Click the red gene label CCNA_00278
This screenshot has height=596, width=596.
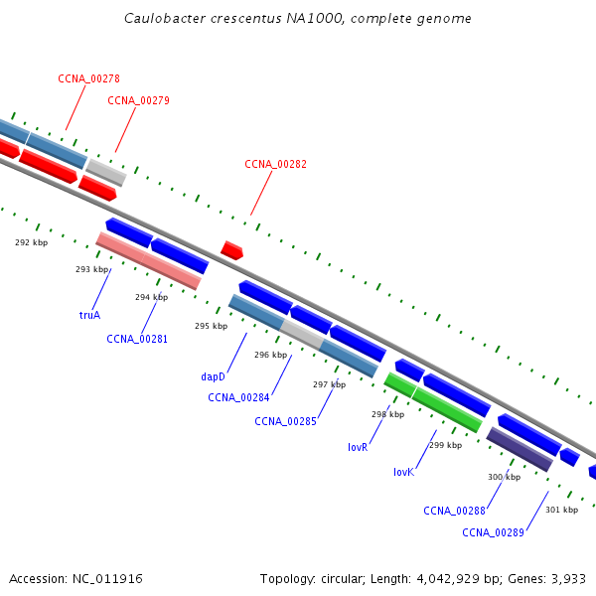[88, 78]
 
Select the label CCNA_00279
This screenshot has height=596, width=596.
[138, 100]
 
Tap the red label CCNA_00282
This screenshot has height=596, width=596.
[275, 165]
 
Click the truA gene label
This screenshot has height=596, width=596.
[89, 315]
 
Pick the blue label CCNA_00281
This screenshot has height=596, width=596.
[137, 339]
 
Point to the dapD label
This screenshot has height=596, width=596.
[213, 376]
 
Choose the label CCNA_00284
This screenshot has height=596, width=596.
[238, 398]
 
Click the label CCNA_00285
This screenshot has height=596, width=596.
[285, 421]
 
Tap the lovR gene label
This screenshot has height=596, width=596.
[358, 448]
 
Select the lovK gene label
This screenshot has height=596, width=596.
[403, 472]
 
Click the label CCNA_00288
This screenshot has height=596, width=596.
[454, 511]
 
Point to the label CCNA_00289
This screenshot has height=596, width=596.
[493, 532]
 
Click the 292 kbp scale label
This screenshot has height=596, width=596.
[31, 242]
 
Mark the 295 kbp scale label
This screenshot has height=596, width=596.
[211, 326]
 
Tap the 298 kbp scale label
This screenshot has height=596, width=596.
[387, 414]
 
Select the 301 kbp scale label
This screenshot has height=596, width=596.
[561, 510]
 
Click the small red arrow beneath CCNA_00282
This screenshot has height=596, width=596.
[231, 250]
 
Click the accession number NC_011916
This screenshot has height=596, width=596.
[109, 578]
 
